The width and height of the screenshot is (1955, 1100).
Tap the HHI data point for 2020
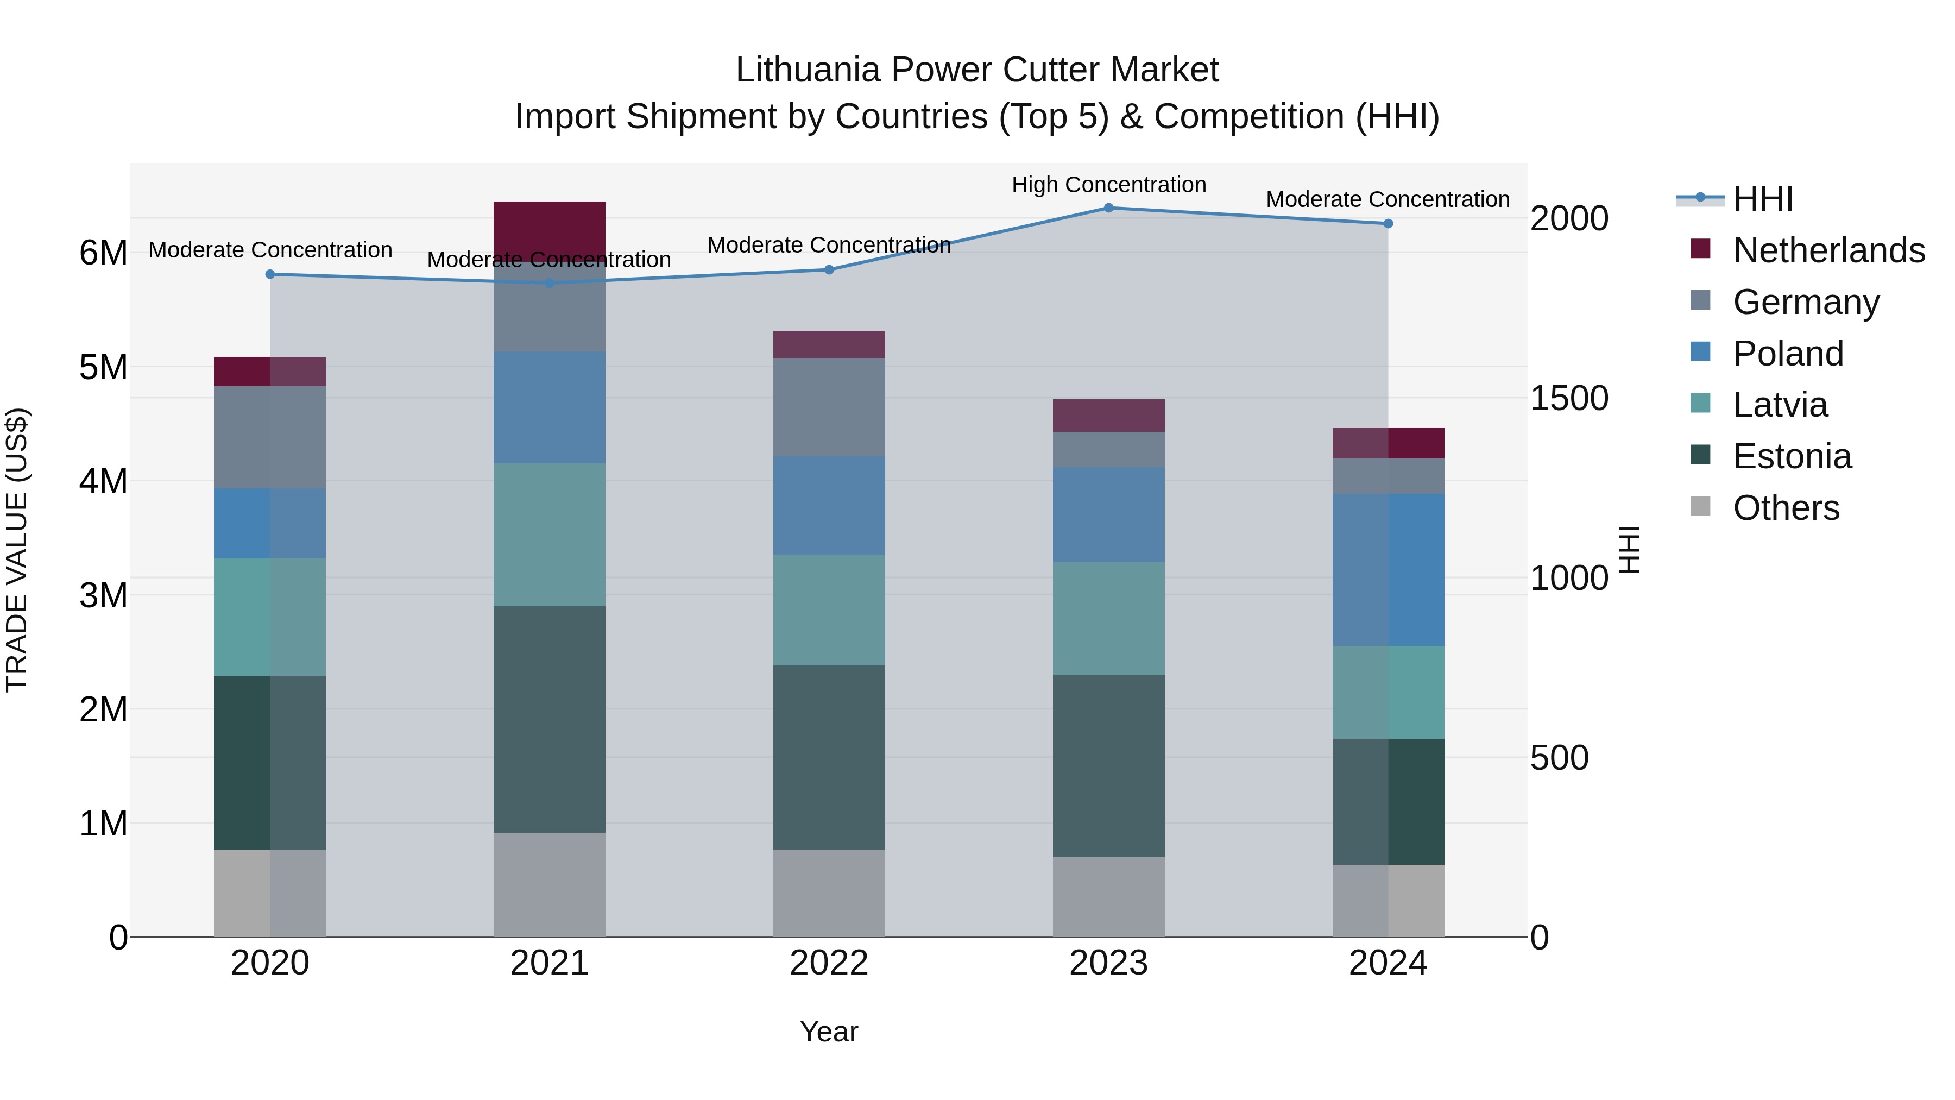click(270, 274)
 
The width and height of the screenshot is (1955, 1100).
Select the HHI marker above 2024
click(1388, 224)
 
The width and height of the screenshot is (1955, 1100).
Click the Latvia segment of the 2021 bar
click(550, 535)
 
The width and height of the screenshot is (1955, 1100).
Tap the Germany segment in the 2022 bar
click(829, 407)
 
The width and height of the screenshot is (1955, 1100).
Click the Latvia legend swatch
click(1701, 404)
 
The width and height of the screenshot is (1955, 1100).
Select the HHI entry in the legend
click(1763, 199)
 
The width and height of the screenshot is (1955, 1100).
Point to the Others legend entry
click(1786, 508)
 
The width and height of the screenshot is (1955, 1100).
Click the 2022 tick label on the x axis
click(829, 963)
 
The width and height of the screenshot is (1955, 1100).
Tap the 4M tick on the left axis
click(103, 481)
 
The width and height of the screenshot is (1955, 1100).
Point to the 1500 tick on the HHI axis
click(1569, 399)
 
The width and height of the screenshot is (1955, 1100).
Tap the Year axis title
click(829, 1032)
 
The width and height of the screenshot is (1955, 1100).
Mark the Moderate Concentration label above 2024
click(1388, 200)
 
